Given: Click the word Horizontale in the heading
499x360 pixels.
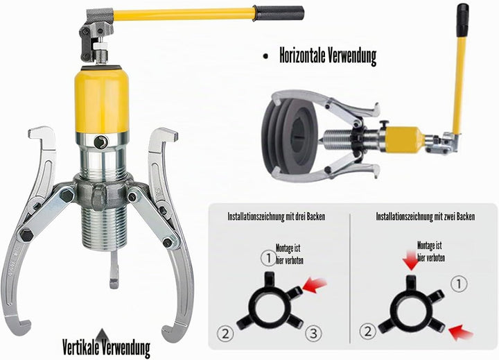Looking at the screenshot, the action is click(x=302, y=55).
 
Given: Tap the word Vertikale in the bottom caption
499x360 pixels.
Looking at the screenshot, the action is click(x=81, y=348).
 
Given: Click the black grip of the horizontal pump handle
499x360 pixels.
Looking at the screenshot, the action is click(x=279, y=13).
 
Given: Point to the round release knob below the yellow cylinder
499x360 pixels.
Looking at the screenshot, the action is click(x=101, y=142).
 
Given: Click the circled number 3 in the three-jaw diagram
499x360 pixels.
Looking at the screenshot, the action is click(x=313, y=333).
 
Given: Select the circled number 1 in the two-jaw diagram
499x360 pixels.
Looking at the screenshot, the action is click(x=459, y=284).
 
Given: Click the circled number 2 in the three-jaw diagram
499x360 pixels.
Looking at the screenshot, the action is click(x=225, y=334).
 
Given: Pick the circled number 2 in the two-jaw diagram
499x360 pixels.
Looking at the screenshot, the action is click(x=367, y=332).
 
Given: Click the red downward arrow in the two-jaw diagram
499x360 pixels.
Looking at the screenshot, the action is click(x=410, y=261).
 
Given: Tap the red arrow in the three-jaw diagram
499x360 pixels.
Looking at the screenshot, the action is click(x=315, y=285).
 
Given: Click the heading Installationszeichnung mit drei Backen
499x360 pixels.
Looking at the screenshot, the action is click(x=277, y=216).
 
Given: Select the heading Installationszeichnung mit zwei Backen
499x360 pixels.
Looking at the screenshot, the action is click(x=425, y=216).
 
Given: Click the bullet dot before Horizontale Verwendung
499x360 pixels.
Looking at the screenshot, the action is click(x=265, y=56).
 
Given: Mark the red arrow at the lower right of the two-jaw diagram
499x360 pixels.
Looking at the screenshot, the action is click(x=460, y=332).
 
